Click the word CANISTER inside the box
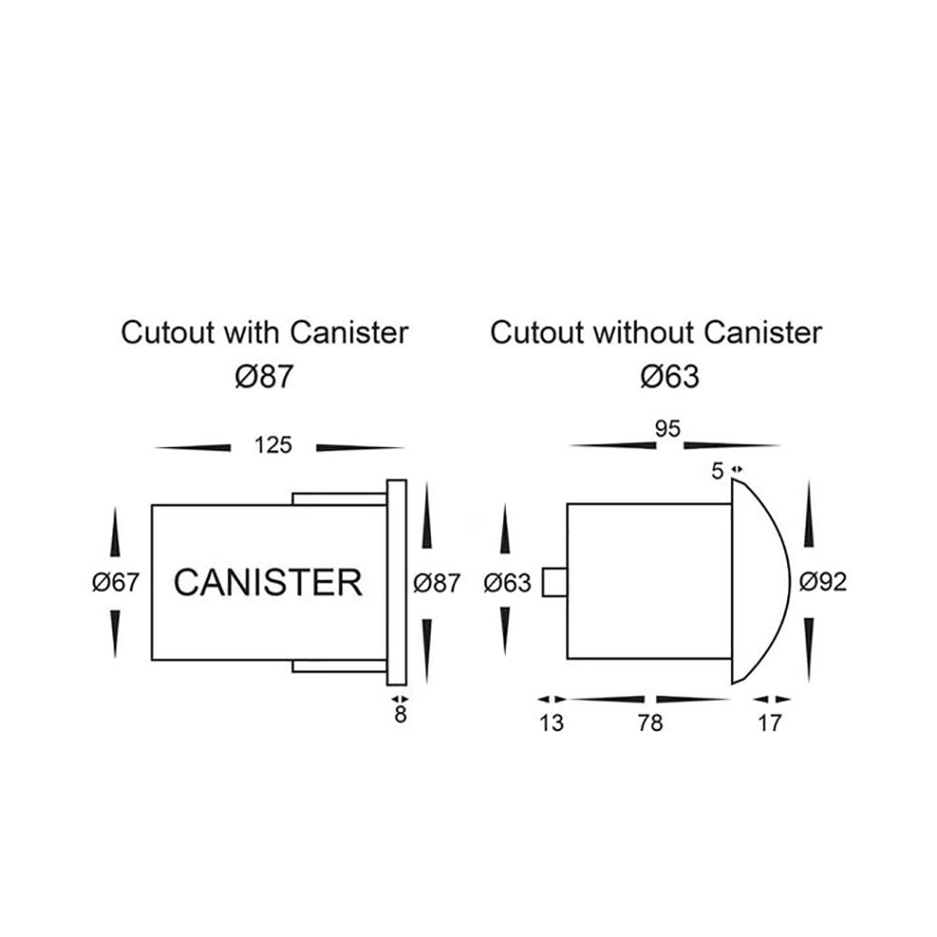click(x=268, y=583)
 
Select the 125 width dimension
click(x=273, y=445)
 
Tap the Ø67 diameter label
click(x=116, y=583)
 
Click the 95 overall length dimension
click(x=667, y=429)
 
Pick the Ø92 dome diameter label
click(x=823, y=583)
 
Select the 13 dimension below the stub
click(x=552, y=723)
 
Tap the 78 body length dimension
click(x=649, y=723)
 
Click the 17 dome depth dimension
click(x=769, y=723)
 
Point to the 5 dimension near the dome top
click(x=718, y=471)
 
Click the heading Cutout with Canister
click(x=265, y=332)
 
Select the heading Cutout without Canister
click(x=656, y=332)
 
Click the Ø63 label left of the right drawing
click(x=508, y=583)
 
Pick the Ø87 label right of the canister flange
click(x=437, y=583)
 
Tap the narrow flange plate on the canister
click(x=396, y=583)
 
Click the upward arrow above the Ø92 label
click(x=809, y=525)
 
